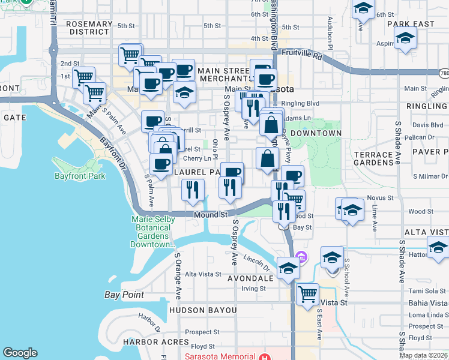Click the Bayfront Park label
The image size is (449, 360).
pos(79,176)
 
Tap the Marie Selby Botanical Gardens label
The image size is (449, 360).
pos(152,232)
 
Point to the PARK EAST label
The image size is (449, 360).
pos(410,24)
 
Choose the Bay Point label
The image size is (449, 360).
pos(124,295)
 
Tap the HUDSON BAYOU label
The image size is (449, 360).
pos(203,310)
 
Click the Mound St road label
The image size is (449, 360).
pos(209,214)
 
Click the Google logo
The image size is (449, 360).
pos(20,353)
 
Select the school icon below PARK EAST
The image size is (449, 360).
pos(406,39)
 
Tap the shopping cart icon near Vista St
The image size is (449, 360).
pos(307,295)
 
